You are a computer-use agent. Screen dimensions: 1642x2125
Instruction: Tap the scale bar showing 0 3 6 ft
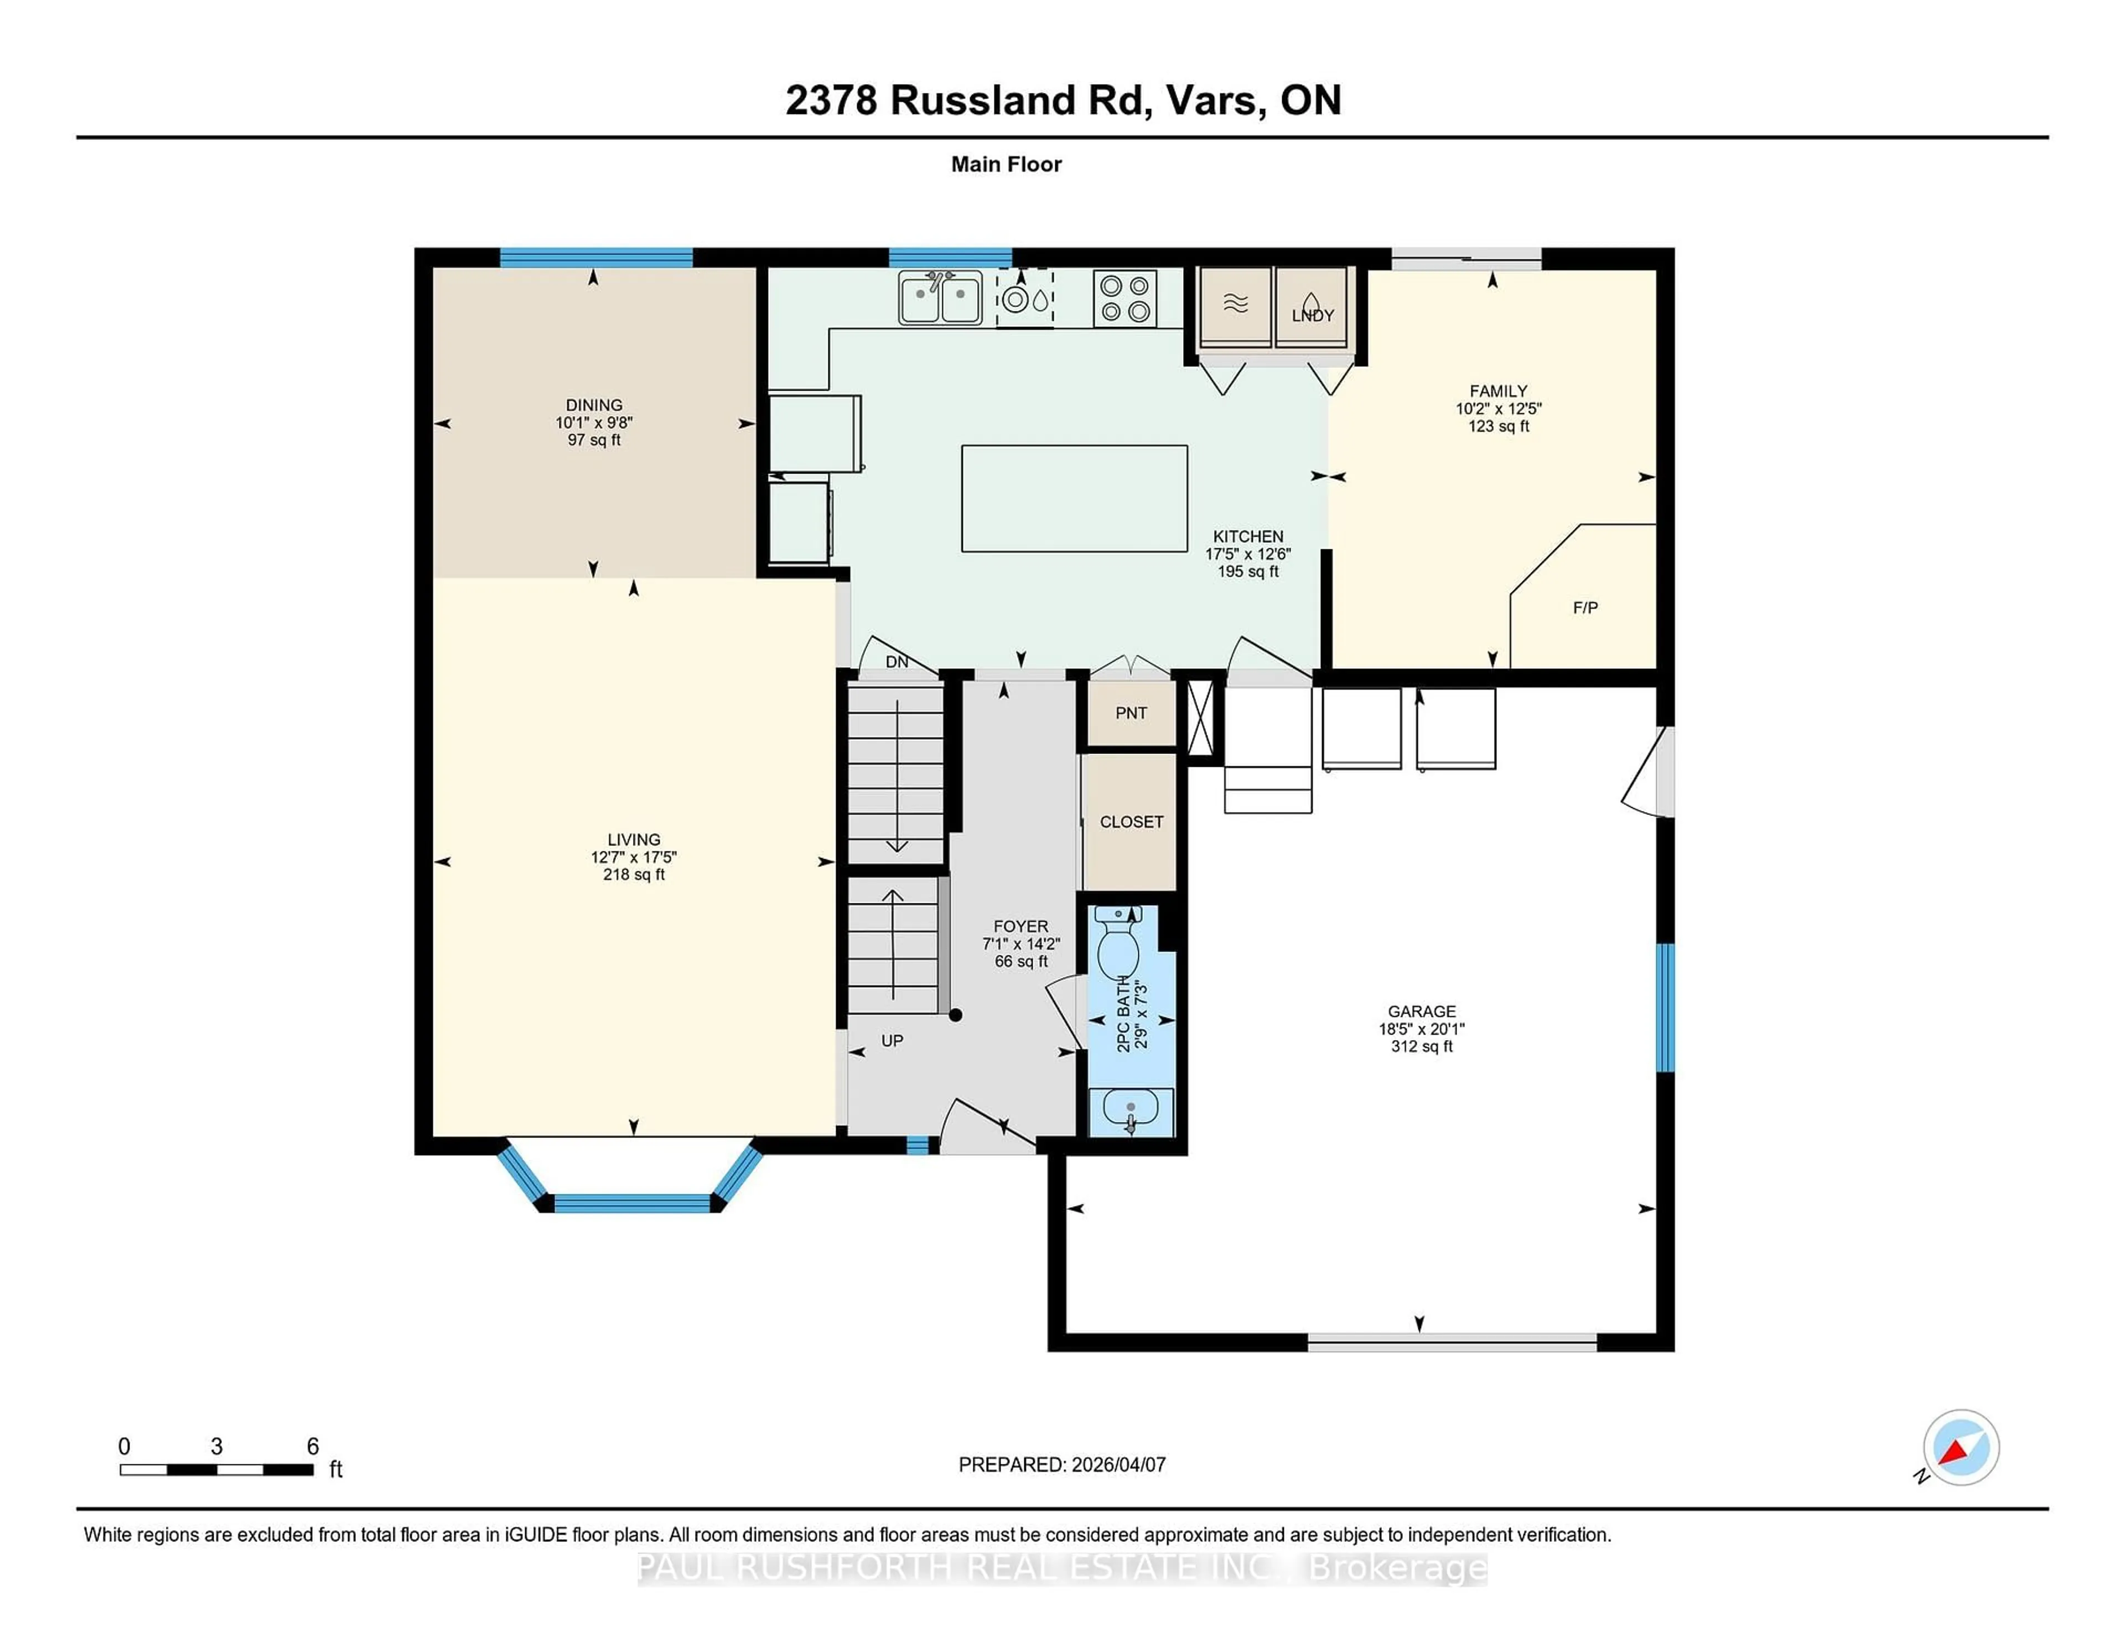(216, 1469)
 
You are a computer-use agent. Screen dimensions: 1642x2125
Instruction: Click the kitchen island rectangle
(1074, 498)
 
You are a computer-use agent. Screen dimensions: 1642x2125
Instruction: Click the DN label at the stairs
(896, 662)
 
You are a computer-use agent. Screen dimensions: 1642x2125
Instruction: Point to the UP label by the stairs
(892, 1041)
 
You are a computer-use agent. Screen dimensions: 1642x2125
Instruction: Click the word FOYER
(1020, 926)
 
